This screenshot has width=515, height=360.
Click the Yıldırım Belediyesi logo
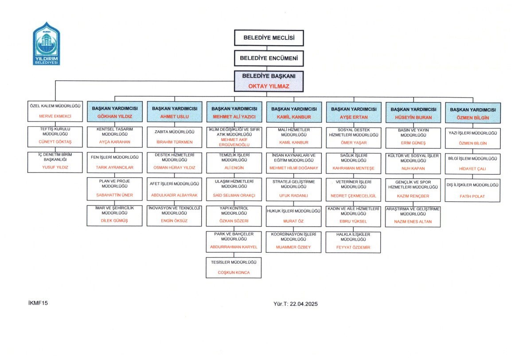(x=46, y=43)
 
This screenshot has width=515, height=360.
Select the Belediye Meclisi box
(x=269, y=38)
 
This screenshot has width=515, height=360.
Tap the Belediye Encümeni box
(x=269, y=58)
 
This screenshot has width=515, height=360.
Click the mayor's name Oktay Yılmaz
(x=269, y=86)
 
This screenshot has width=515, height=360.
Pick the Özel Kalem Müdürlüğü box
(x=55, y=111)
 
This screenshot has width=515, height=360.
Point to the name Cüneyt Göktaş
(x=55, y=142)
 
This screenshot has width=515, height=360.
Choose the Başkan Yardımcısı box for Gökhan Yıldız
(x=115, y=112)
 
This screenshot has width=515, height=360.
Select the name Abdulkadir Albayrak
(x=175, y=195)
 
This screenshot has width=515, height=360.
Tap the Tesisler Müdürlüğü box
(x=234, y=268)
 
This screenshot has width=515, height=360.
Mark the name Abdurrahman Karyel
(x=234, y=247)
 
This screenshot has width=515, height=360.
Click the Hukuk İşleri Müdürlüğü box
(x=294, y=216)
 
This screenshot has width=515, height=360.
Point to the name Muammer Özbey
(x=293, y=247)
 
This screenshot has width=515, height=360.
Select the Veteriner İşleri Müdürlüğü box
(x=353, y=189)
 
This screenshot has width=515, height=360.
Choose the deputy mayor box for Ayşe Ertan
(x=354, y=113)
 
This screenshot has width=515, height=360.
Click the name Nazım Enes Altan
(x=413, y=222)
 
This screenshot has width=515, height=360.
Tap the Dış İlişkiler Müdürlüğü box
(x=472, y=191)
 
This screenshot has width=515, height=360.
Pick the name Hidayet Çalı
(x=472, y=169)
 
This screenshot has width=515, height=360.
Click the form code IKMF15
(x=38, y=303)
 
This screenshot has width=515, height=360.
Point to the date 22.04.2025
(x=304, y=304)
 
